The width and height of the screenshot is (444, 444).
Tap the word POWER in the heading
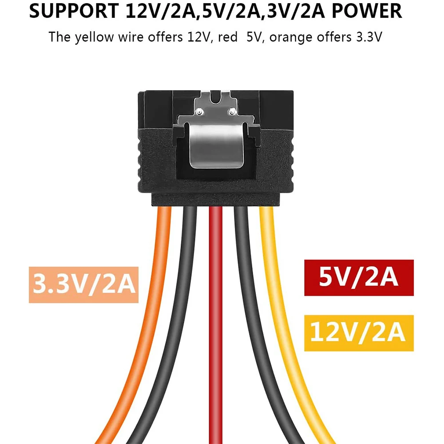367,11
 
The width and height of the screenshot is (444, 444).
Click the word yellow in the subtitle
94,37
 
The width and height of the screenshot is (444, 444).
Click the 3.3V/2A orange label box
83,285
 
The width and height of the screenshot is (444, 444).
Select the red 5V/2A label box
359,277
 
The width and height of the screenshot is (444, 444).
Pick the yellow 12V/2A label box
359,333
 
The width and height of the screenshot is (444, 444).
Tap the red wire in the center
216,325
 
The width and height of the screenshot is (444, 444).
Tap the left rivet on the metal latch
200,112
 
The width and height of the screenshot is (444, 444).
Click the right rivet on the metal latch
233,111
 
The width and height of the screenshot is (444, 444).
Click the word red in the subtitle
228,37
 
